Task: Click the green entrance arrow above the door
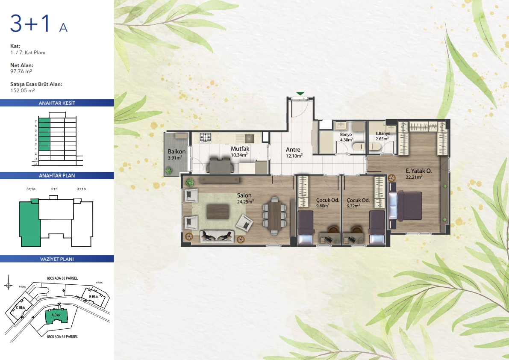pyautogui.click(x=300, y=94)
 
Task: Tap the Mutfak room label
pyautogui.click(x=240, y=149)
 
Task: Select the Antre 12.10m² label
pyautogui.click(x=294, y=153)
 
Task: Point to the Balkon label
pyautogui.click(x=177, y=152)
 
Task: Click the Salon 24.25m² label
pyautogui.click(x=245, y=198)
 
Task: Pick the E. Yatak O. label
pyautogui.click(x=418, y=171)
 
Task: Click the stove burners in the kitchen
pyautogui.click(x=206, y=138)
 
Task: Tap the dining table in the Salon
pyautogui.click(x=275, y=215)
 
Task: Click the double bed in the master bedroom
pyautogui.click(x=405, y=207)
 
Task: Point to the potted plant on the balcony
pyautogui.click(x=169, y=170)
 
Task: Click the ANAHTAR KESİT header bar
pyautogui.click(x=57, y=103)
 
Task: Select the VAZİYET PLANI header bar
pyautogui.click(x=57, y=259)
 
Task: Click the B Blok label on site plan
pyautogui.click(x=94, y=297)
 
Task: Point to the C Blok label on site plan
pyautogui.click(x=21, y=308)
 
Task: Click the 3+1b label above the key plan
pyautogui.click(x=81, y=189)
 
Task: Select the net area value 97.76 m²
pyautogui.click(x=21, y=71)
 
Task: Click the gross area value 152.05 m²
pyautogui.click(x=23, y=91)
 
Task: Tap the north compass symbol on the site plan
pyautogui.click(x=8, y=285)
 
